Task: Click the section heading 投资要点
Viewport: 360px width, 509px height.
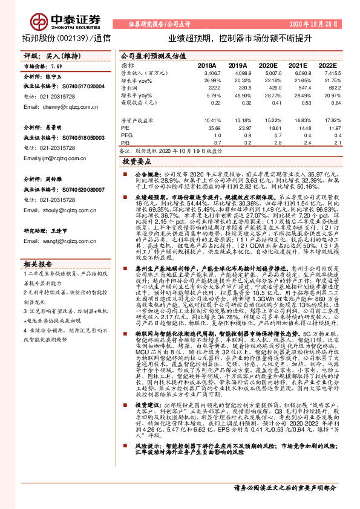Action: click(137, 162)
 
